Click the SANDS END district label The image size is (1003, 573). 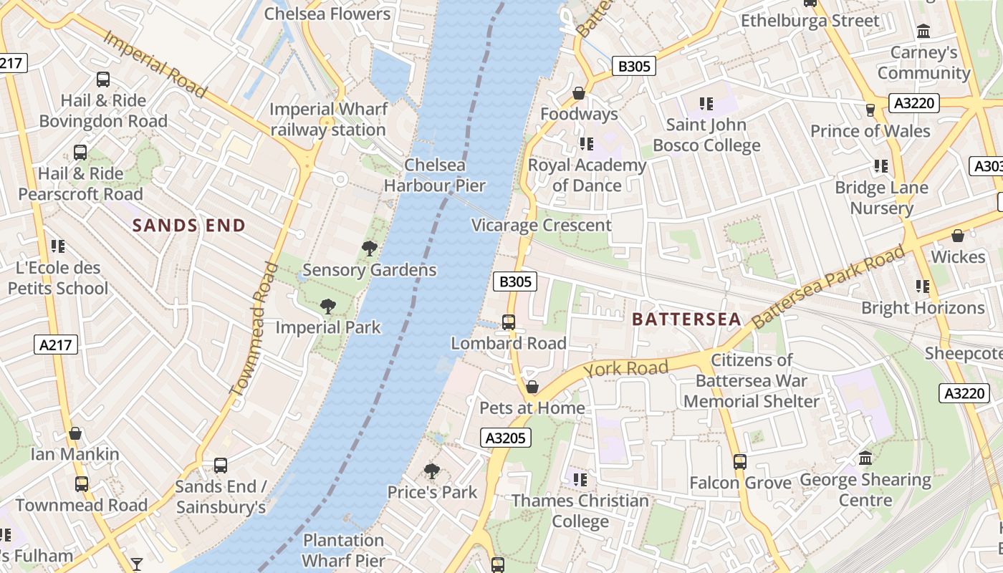point(188,226)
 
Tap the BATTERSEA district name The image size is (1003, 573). point(686,319)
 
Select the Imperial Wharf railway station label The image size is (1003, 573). point(328,120)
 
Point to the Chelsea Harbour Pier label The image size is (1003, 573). point(434,175)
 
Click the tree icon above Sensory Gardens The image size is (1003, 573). point(370,249)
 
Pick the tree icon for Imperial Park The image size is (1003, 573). point(328,307)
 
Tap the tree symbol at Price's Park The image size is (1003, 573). point(431,471)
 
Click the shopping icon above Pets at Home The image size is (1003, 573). point(532,387)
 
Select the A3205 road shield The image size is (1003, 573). point(506,438)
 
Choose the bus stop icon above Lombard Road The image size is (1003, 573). point(508,322)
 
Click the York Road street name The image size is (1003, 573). point(625,370)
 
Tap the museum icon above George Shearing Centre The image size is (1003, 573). point(865,458)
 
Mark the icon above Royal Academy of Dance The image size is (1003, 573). point(587,145)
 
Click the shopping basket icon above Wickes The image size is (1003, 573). point(958,236)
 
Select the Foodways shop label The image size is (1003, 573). point(579,114)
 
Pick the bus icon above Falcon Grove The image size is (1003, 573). point(740,462)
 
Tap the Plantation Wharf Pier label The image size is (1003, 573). point(344,550)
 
